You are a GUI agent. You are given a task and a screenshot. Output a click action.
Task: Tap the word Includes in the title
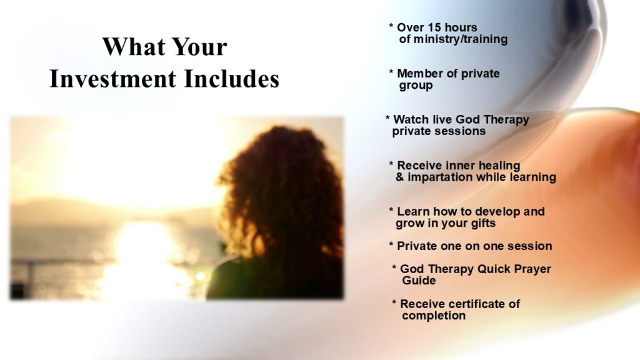[231, 79]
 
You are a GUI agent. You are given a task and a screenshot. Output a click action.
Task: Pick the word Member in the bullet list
[420, 74]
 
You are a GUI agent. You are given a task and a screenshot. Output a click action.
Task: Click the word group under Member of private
[416, 86]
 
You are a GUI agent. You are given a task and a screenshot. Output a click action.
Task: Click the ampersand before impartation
[399, 177]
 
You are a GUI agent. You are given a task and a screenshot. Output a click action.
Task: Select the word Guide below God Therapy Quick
[419, 281]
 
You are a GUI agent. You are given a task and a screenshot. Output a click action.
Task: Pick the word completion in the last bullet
[434, 316]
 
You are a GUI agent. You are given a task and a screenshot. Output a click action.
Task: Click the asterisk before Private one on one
[391, 245]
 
